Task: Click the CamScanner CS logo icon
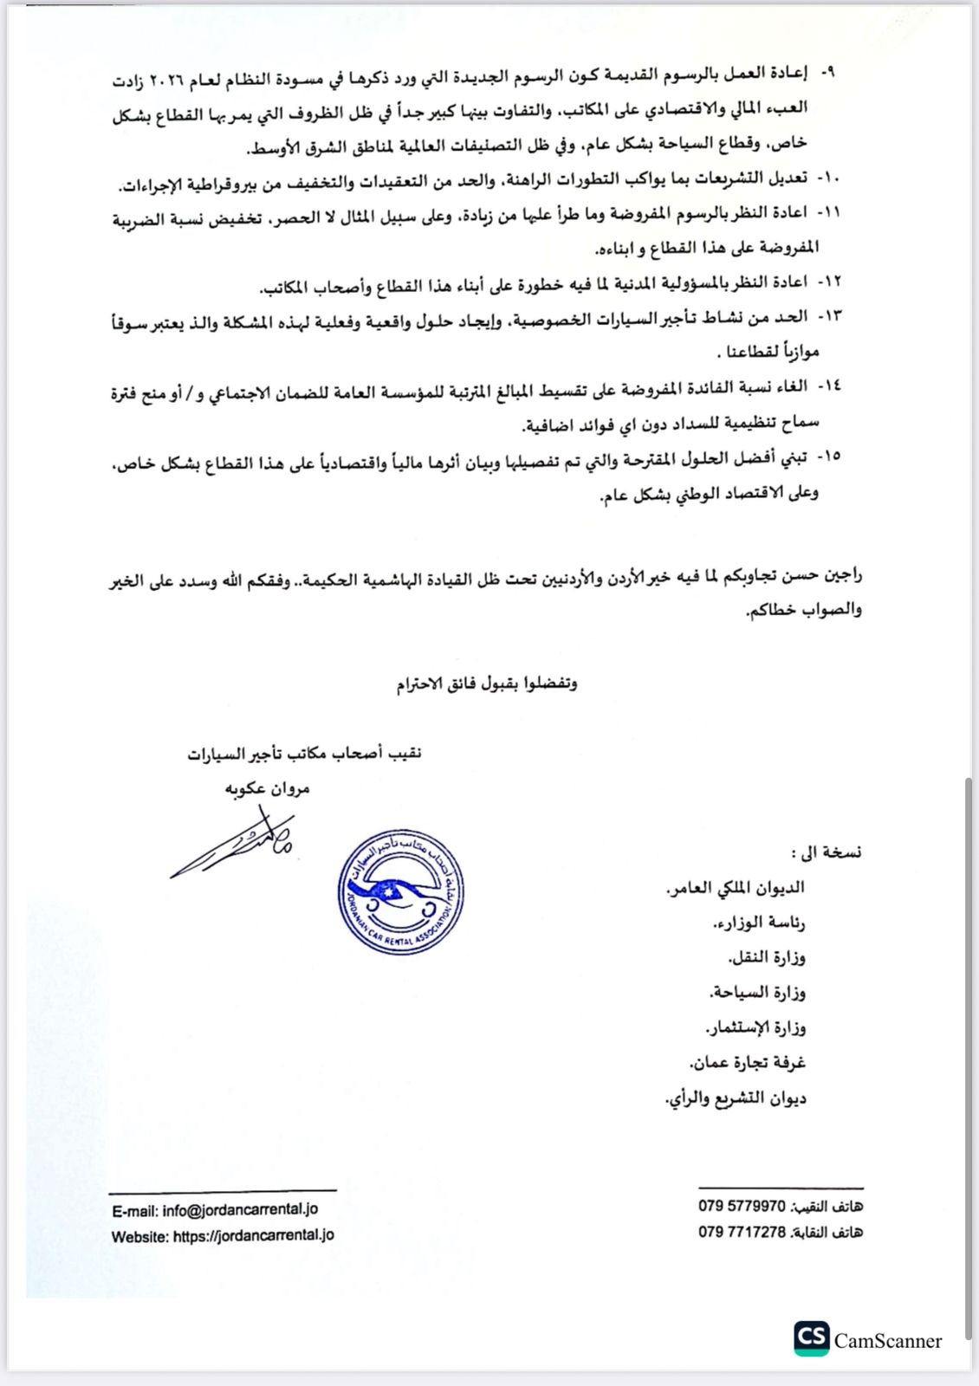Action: pyautogui.click(x=811, y=1339)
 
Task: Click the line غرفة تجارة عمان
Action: pyautogui.click(x=747, y=1062)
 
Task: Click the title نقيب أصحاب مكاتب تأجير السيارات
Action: pyautogui.click(x=304, y=754)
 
